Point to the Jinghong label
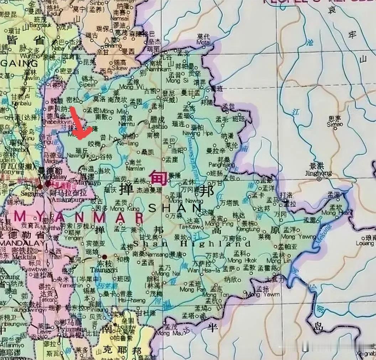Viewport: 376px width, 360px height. click(x=319, y=174)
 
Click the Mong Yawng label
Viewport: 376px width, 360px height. click(x=293, y=237)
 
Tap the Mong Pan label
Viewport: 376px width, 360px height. click(x=192, y=290)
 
